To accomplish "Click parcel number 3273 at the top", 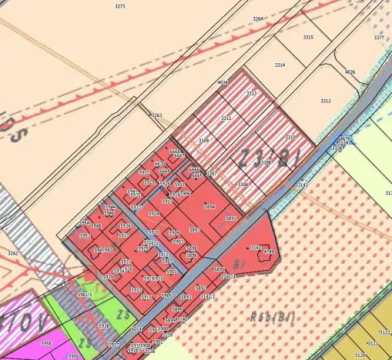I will coord(119,5).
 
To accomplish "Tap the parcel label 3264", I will coord(257,18).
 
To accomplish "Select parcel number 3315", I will coord(308,37).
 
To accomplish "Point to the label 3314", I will coord(280,65).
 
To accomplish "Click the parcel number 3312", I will coord(325,101).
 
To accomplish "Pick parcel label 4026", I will coord(350,72).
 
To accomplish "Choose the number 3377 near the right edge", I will coord(379,38).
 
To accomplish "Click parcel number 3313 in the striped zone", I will coord(251,93).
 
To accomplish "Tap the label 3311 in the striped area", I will coord(226,118).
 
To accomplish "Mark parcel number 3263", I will coord(156,115).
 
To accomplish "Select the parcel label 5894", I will coord(209,207).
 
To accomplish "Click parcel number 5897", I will coord(195,230).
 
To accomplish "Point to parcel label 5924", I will coord(154,214).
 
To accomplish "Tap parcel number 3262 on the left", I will coord(12,252).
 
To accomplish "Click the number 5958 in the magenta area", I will coord(46,343).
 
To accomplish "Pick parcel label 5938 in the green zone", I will coord(104,325).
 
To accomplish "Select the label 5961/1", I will coord(85,294).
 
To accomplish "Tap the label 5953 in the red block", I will coord(85,236).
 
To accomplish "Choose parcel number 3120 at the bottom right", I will coord(360,355).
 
